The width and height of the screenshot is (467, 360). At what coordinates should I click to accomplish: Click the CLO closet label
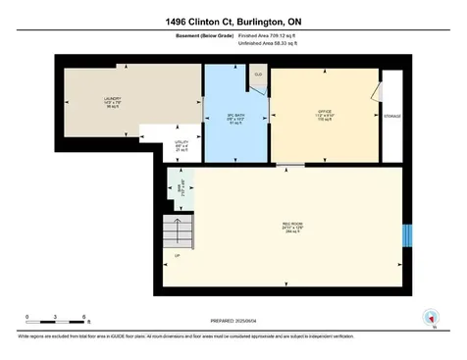(x=258, y=75)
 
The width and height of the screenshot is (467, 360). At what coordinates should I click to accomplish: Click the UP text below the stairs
(x=177, y=257)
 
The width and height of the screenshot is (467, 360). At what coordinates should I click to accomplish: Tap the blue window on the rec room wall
(x=408, y=237)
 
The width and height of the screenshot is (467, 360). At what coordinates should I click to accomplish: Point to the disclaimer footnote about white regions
(x=186, y=336)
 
